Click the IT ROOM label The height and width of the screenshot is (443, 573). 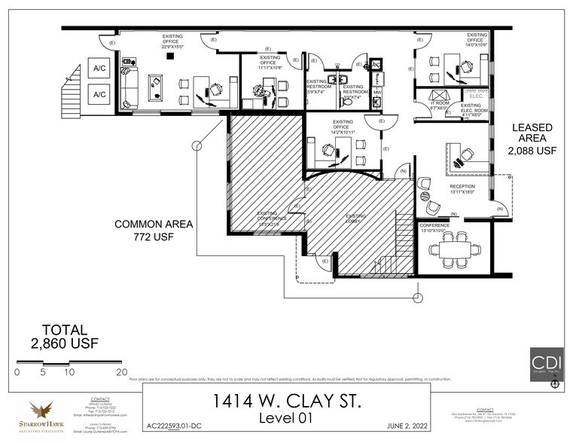pyautogui.click(x=439, y=105)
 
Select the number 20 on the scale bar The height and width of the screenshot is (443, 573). pyautogui.click(x=120, y=372)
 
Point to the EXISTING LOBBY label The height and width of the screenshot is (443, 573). pyautogui.click(x=355, y=218)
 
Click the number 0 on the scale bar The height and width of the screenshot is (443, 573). pyautogui.click(x=17, y=372)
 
